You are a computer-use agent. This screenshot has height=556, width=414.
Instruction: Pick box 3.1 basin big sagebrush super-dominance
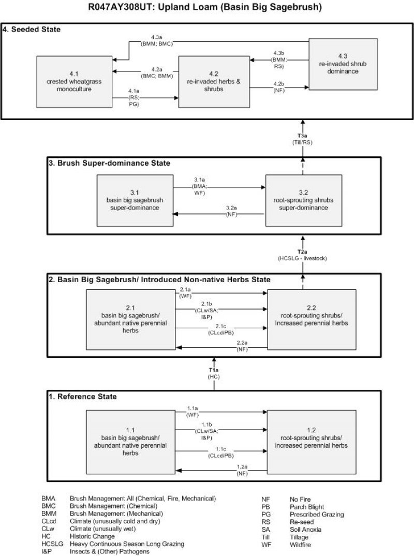click(135, 200)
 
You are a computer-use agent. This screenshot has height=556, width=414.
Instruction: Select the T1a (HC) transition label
click(214, 374)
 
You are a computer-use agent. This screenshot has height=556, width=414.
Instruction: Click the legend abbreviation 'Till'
click(266, 537)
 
